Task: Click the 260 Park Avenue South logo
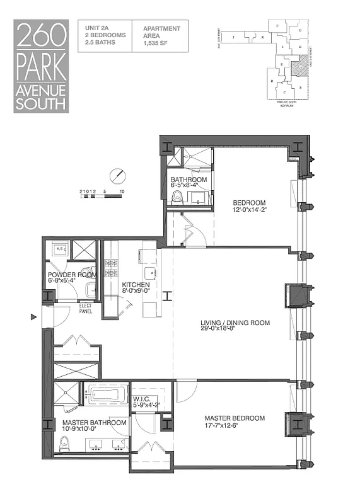click(x=41, y=66)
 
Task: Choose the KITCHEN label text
click(x=136, y=284)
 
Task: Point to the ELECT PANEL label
click(x=86, y=308)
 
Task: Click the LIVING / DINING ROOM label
click(x=231, y=323)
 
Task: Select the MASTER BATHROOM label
click(x=94, y=423)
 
